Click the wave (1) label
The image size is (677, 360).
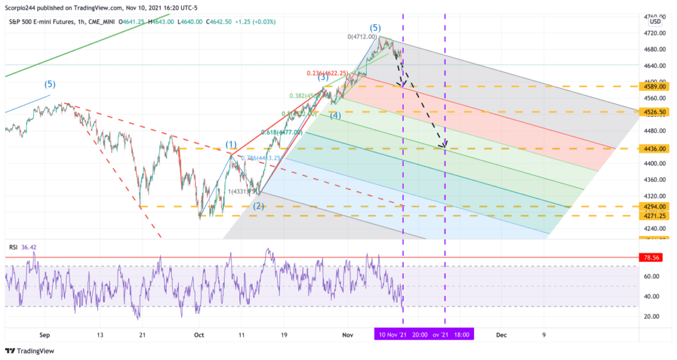coord(231,145)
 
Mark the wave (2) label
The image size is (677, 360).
coord(258,206)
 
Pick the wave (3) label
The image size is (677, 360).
coord(322,77)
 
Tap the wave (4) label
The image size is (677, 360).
coord(335,115)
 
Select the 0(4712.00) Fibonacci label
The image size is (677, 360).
coord(362,37)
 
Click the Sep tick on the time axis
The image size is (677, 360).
coord(44,335)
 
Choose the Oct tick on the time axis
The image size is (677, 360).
coord(198,335)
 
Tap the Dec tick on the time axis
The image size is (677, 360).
coord(502,335)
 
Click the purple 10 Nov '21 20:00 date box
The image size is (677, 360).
coord(403,335)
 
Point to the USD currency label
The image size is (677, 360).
coord(655,22)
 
